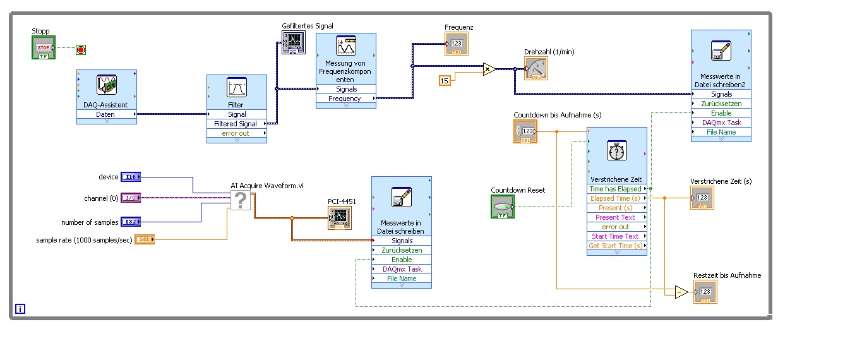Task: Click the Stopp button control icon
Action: (x=43, y=48)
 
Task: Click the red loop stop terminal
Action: (x=81, y=49)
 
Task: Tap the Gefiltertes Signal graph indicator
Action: (x=294, y=42)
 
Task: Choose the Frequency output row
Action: (x=345, y=99)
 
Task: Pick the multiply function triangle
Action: (x=489, y=69)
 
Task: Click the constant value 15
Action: (x=445, y=80)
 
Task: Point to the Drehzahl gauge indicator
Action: (x=536, y=68)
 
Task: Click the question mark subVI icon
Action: (x=241, y=201)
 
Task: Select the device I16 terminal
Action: (x=131, y=177)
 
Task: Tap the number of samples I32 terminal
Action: (x=131, y=222)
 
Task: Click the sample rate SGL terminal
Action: (x=145, y=239)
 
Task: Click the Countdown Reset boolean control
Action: (x=502, y=207)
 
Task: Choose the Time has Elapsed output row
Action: (x=616, y=189)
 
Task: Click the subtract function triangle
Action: (x=681, y=292)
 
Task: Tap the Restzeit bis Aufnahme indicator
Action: (x=705, y=292)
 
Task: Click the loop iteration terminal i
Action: (x=20, y=309)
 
